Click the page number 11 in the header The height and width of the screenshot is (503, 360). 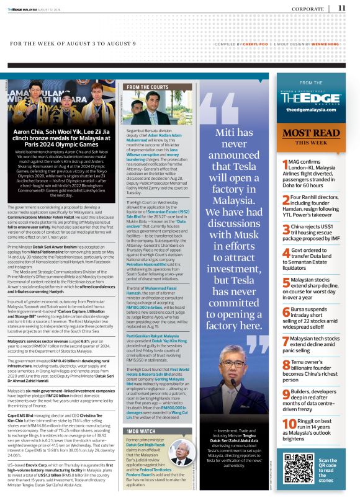pyautogui.click(x=342, y=8)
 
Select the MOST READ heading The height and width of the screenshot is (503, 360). pyautogui.click(x=311, y=133)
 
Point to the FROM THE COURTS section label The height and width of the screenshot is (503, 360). pyautogui.click(x=144, y=87)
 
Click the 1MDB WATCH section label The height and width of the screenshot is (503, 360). pyautogui.click(x=140, y=412)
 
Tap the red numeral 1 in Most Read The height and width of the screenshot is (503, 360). pyautogui.click(x=284, y=164)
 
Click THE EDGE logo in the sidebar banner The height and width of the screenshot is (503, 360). pyautogui.click(x=311, y=97)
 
